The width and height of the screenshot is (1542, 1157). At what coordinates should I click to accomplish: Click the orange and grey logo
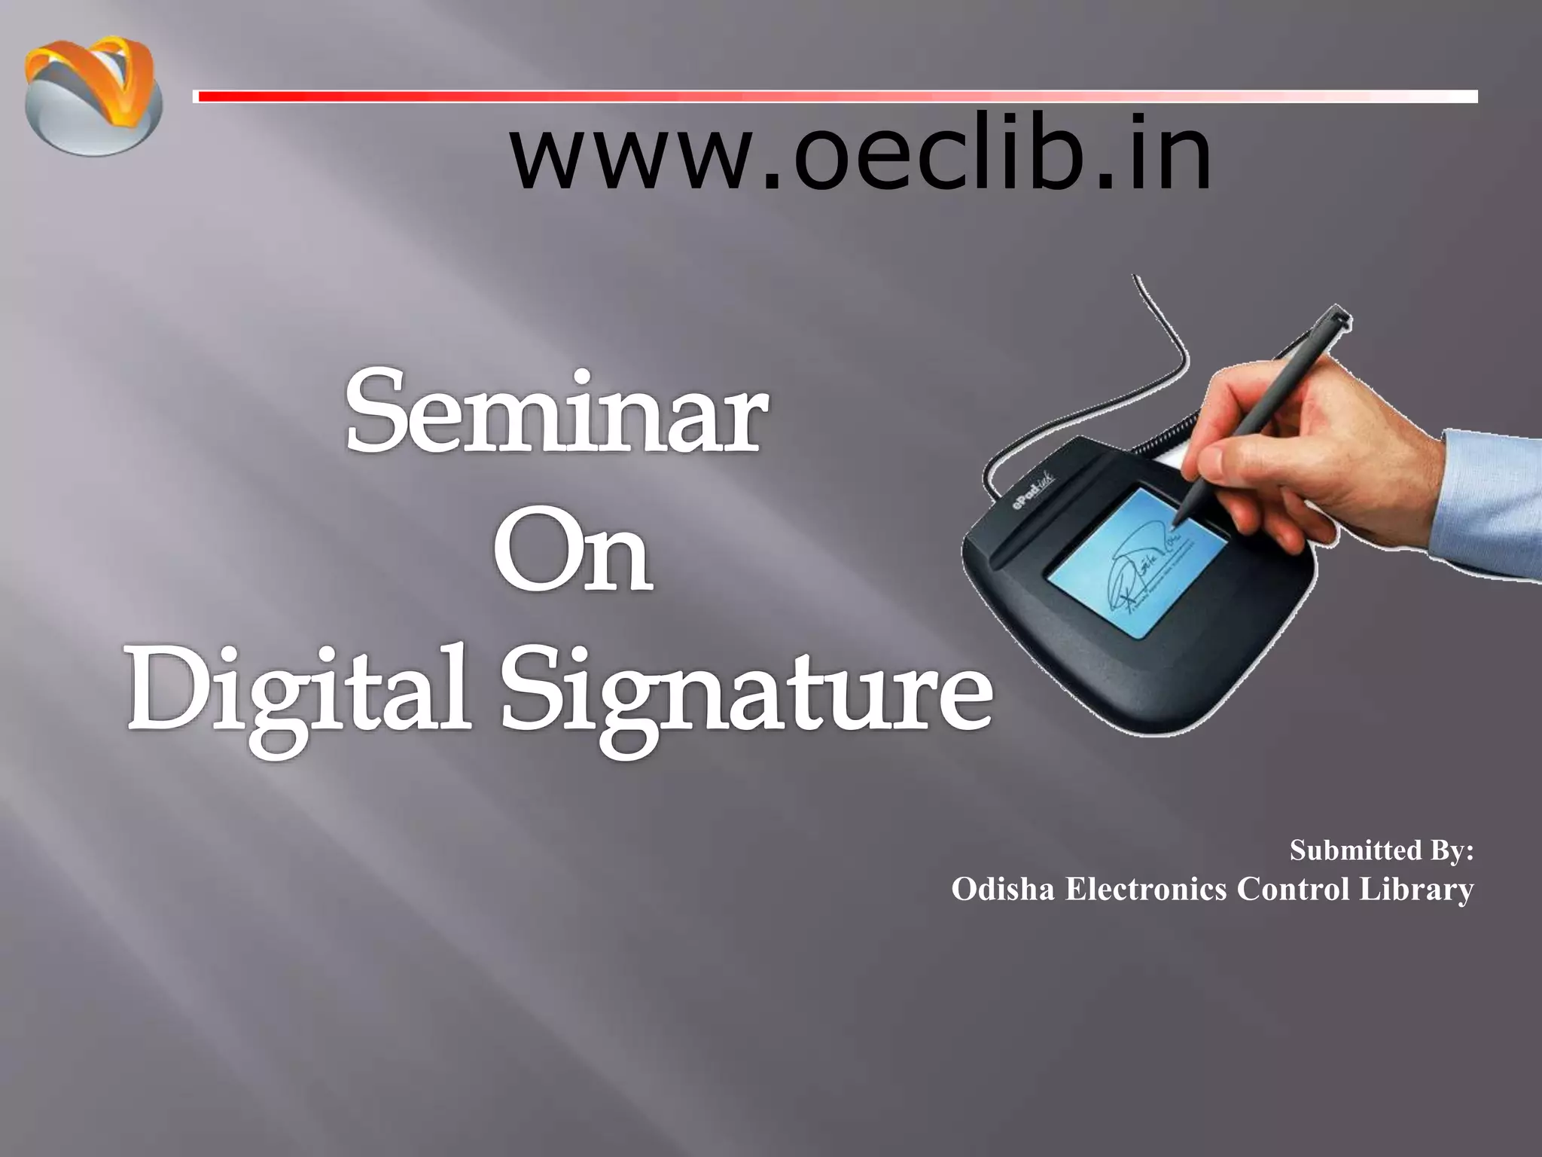93,96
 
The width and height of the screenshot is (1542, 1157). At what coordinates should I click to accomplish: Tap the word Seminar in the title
557,414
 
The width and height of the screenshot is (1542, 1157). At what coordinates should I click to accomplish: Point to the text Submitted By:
1381,850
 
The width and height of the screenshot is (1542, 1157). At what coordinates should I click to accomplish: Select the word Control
1292,890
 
